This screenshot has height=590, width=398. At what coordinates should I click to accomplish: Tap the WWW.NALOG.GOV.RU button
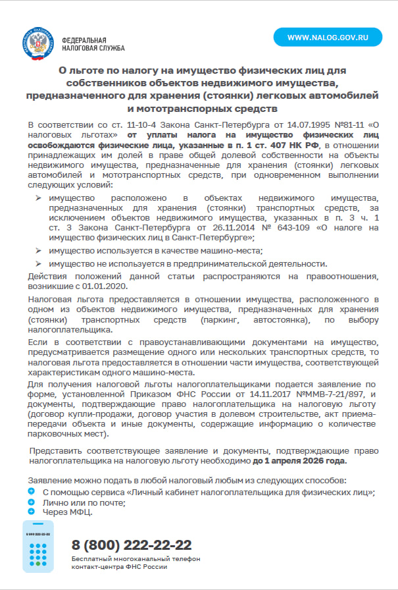(x=327, y=38)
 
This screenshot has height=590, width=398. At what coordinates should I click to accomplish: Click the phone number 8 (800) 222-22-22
(x=132, y=545)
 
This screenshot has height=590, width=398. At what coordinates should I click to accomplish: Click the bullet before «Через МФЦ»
(x=32, y=511)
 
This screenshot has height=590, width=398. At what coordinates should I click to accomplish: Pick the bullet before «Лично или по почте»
(x=32, y=501)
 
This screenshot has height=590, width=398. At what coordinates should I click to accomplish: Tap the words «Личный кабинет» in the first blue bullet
(x=164, y=492)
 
